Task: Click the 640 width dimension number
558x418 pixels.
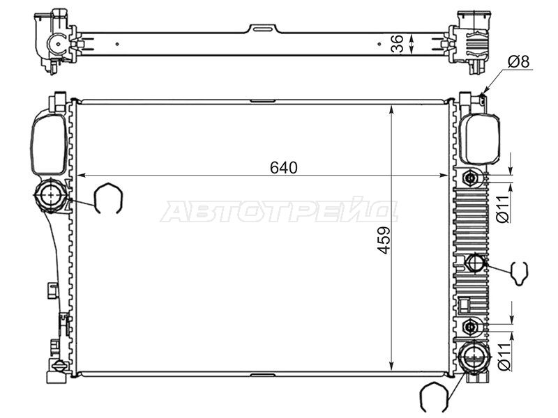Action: [284, 167]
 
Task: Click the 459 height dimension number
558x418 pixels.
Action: [384, 240]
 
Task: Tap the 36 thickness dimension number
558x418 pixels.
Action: [397, 44]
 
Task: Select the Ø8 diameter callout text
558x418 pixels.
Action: [518, 61]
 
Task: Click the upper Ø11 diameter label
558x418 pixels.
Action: [504, 208]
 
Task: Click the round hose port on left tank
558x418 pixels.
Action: [52, 195]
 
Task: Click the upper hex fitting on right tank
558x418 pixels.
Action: [471, 178]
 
